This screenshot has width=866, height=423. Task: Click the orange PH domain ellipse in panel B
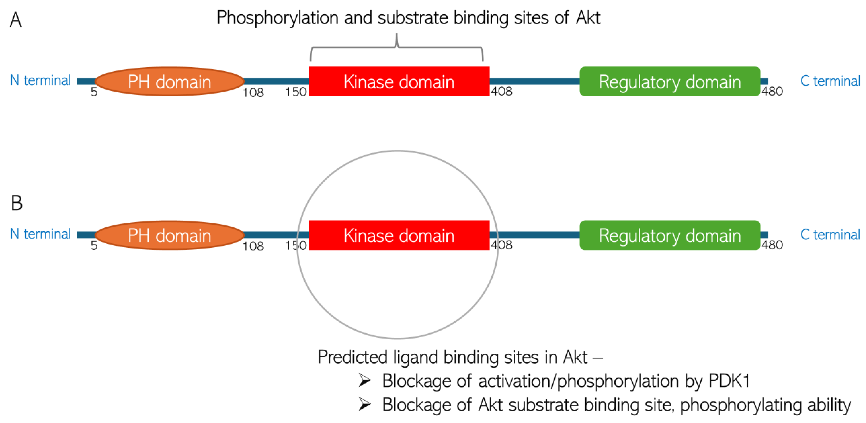[x=169, y=235]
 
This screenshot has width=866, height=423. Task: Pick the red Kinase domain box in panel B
[x=399, y=235]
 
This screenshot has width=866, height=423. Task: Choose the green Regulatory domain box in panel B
[x=669, y=235]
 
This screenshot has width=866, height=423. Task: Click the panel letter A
[x=15, y=20]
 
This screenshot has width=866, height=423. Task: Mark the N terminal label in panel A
[x=40, y=80]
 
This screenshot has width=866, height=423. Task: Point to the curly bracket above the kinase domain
[x=397, y=47]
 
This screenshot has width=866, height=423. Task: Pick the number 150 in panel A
[x=296, y=92]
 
